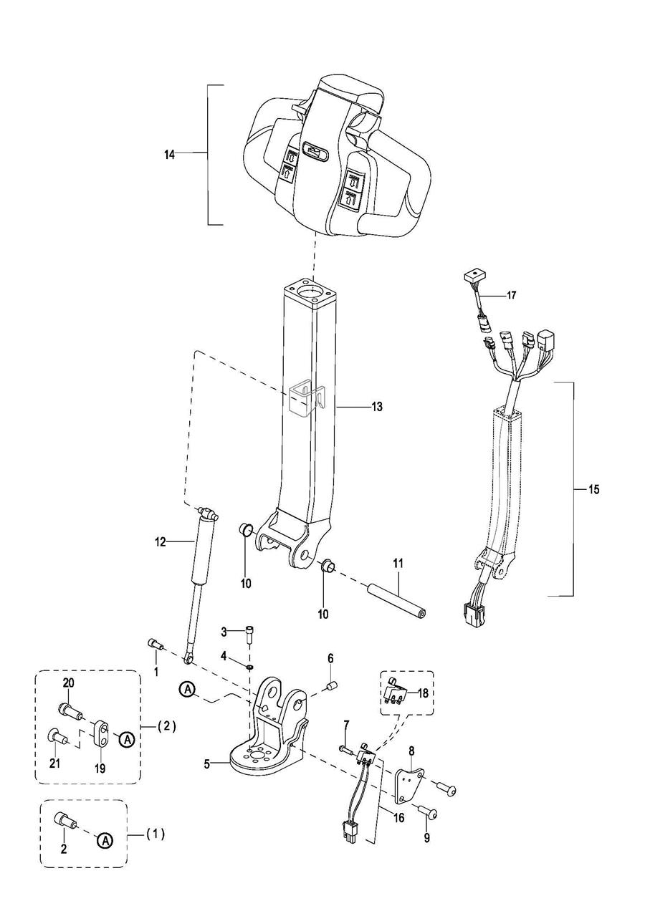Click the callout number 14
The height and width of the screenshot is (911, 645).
tap(169, 155)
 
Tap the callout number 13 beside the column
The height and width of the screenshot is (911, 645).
tap(377, 406)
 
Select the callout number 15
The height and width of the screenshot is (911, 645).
tap(593, 489)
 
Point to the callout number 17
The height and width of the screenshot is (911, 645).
tap(511, 295)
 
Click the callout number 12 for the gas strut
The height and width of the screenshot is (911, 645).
tap(161, 541)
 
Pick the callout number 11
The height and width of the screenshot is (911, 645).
tap(398, 564)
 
